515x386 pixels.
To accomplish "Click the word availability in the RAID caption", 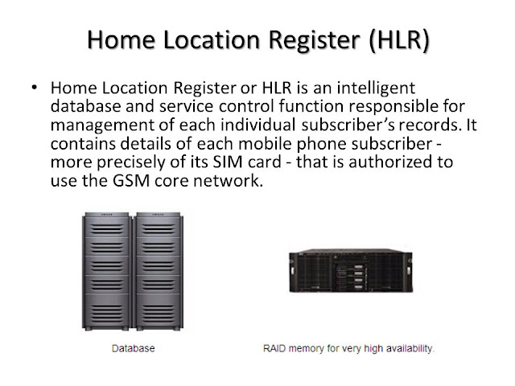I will [406, 350].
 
